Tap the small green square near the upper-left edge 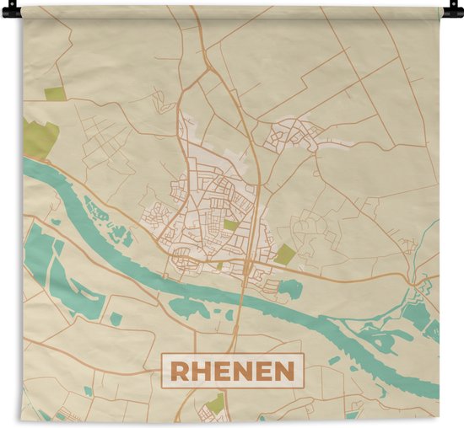pos(54,94)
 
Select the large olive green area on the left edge pos(39,138)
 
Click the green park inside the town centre pos(230,225)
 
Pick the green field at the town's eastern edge pos(285,254)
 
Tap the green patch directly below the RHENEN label pos(216,404)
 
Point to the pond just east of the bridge pos(289,289)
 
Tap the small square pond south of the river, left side pos(116,318)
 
